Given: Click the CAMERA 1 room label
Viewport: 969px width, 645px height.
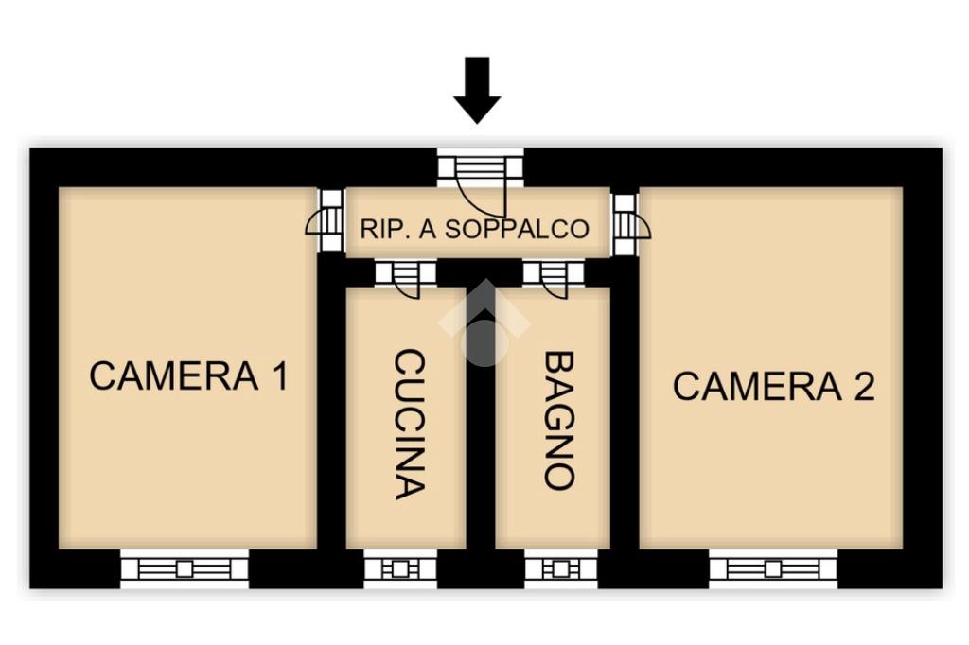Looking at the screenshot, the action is coord(188,375).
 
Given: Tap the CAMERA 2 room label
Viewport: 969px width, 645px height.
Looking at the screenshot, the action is coord(773,386).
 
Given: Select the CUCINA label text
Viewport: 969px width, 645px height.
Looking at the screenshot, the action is coord(408,424).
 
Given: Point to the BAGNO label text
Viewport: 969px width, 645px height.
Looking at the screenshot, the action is coord(559,420).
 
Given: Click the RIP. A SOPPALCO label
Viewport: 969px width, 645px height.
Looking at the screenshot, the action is coord(474,229).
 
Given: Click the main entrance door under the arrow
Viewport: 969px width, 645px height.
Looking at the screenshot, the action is coord(480,175).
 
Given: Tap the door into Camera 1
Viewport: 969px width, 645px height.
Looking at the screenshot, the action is coord(326,221).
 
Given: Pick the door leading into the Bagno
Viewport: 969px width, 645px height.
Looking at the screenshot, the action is coord(554,275).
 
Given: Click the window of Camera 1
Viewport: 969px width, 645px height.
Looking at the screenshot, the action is coord(185,568).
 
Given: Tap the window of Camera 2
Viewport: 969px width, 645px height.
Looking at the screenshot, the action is coord(773,568).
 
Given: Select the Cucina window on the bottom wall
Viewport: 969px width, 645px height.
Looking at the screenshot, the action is coord(400,569).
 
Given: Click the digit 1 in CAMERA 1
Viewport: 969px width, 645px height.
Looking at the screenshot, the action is coord(277,375).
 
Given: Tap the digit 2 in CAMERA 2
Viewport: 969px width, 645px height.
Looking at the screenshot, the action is coord(862,386).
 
